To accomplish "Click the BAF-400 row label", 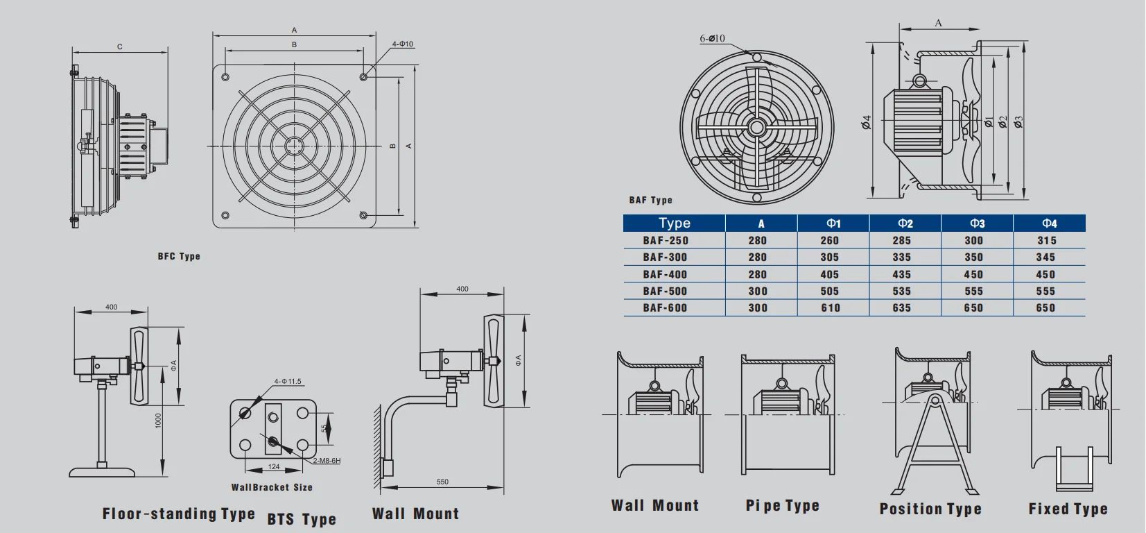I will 665,274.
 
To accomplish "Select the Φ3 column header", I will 977,223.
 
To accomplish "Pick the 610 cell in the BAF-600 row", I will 830,307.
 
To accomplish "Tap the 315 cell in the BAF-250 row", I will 1047,240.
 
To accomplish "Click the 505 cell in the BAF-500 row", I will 830,291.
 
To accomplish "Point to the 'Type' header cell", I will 674,223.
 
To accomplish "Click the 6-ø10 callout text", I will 712,38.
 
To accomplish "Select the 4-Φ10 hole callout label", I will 402,44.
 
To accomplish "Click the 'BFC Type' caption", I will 179,256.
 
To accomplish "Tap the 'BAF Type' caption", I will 650,200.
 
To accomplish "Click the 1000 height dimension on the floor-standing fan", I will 158,421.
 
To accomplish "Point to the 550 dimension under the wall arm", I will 442,482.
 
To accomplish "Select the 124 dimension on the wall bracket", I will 274,466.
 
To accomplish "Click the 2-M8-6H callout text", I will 327,461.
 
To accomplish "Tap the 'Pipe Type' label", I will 782,505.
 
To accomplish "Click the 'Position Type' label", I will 930,509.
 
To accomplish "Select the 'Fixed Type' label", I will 1068,509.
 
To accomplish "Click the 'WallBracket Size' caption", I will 272,487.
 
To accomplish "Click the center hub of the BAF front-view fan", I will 756,127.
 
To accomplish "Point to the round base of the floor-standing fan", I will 103,472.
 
